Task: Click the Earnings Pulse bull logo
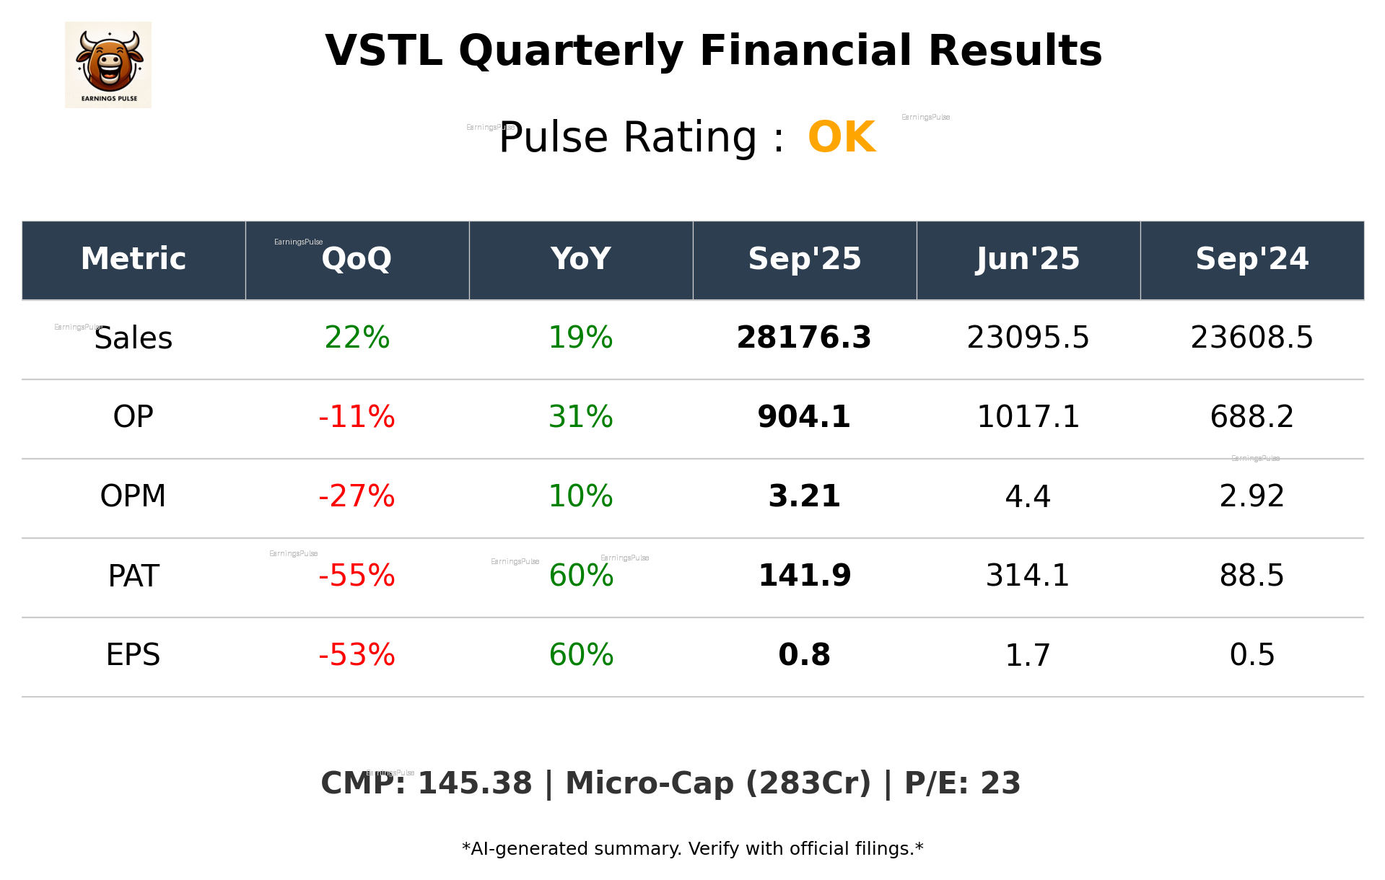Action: pyautogui.click(x=108, y=64)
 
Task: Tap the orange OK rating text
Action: pyautogui.click(x=842, y=137)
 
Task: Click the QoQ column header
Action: pyautogui.click(x=357, y=259)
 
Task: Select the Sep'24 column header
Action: pyautogui.click(x=1251, y=259)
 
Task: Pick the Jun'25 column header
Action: pyautogui.click(x=1028, y=259)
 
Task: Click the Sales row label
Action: pyautogui.click(x=134, y=338)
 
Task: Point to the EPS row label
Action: pyautogui.click(x=134, y=655)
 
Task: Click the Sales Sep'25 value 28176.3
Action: pyautogui.click(x=804, y=338)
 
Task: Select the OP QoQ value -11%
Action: pyautogui.click(x=357, y=417)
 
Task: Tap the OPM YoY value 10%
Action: pyautogui.click(x=580, y=496)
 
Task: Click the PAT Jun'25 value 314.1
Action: pyautogui.click(x=1028, y=576)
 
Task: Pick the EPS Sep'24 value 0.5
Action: pyautogui.click(x=1251, y=655)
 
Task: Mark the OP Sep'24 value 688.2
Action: pyautogui.click(x=1251, y=417)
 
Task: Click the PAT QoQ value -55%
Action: pyautogui.click(x=357, y=576)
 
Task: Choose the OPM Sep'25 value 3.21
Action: pyautogui.click(x=804, y=496)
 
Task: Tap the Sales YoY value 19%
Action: pyautogui.click(x=580, y=338)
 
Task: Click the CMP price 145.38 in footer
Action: pyautogui.click(x=474, y=784)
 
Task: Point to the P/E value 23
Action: pyautogui.click(x=1000, y=784)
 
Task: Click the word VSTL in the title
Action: pyautogui.click(x=383, y=51)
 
